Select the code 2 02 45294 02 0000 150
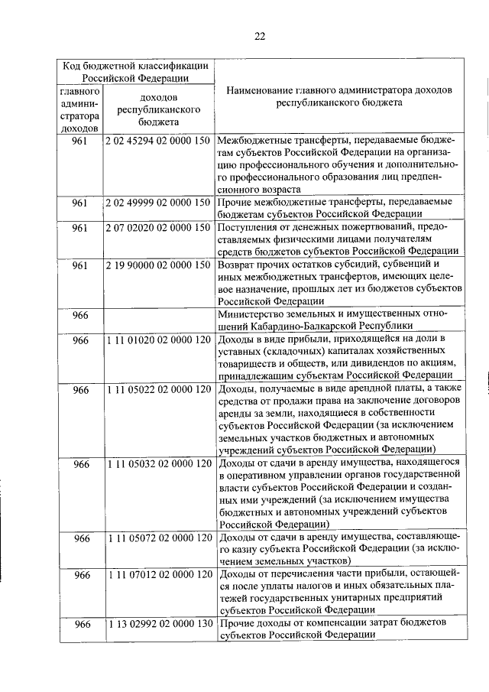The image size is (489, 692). (x=158, y=141)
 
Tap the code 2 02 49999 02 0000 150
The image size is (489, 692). (x=158, y=203)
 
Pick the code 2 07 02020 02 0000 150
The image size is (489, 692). (x=158, y=228)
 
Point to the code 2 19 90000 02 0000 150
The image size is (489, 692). (x=158, y=265)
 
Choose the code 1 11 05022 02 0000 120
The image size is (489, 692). (x=158, y=389)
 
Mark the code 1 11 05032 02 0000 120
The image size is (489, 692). (x=158, y=463)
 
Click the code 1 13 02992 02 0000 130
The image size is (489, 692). (x=158, y=624)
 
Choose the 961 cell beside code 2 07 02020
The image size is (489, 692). (x=80, y=228)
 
